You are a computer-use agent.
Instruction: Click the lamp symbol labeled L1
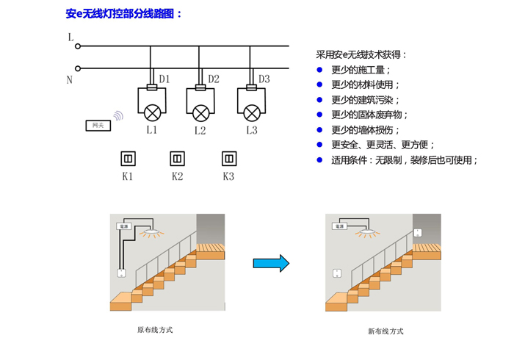coord(152,112)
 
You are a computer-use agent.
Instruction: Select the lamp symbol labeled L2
coord(200,112)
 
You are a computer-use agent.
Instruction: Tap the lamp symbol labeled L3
coord(251,112)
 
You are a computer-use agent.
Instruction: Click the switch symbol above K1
coord(128,158)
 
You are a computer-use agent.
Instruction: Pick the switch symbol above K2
coord(177,158)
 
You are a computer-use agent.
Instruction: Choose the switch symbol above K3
coord(228,158)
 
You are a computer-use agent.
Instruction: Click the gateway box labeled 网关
coord(98,126)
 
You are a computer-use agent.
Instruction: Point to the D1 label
coord(164,79)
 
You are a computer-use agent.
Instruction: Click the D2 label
coord(214,79)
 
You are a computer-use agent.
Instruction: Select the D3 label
coord(264,79)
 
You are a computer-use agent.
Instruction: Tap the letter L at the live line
coord(70,37)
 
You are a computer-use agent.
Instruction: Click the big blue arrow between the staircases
coord(271,263)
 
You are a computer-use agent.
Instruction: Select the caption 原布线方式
coord(155,330)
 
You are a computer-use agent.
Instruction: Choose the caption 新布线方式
coord(385,331)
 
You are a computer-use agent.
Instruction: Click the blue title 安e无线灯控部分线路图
coord(124,13)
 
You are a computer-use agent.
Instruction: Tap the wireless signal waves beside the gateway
coord(118,116)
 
